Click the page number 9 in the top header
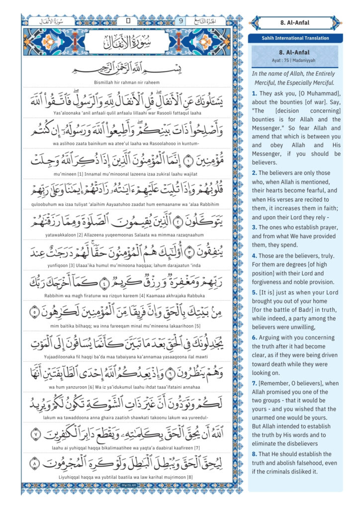[x=181, y=21]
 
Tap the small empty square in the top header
[x=128, y=21]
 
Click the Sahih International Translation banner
[x=295, y=38]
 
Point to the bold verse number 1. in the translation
[x=254, y=93]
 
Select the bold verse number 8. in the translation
[x=254, y=454]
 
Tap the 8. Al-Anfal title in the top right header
[x=295, y=22]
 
